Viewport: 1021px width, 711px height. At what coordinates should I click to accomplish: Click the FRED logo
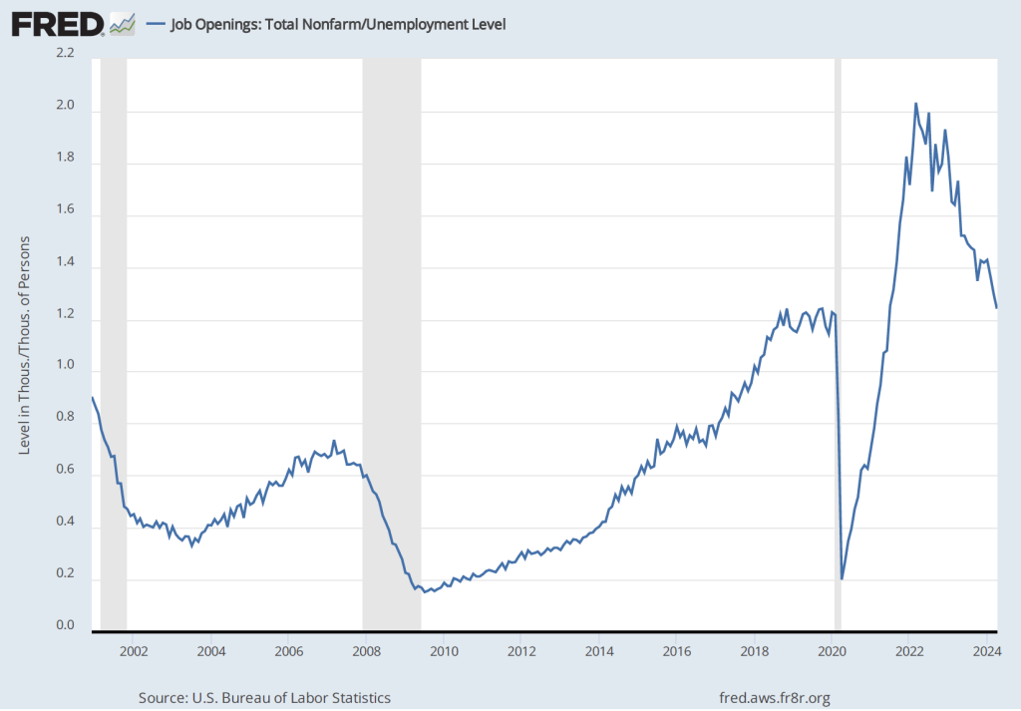(58, 23)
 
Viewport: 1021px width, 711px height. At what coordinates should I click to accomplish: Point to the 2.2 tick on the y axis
(65, 54)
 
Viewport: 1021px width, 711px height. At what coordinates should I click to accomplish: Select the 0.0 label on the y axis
(65, 625)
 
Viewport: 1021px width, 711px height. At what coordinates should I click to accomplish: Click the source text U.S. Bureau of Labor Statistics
(263, 697)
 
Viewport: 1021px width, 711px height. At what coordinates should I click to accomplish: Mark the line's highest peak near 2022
(915, 104)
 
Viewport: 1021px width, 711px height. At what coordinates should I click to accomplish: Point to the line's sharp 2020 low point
(842, 578)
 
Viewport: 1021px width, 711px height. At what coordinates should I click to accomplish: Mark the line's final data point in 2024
(996, 308)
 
